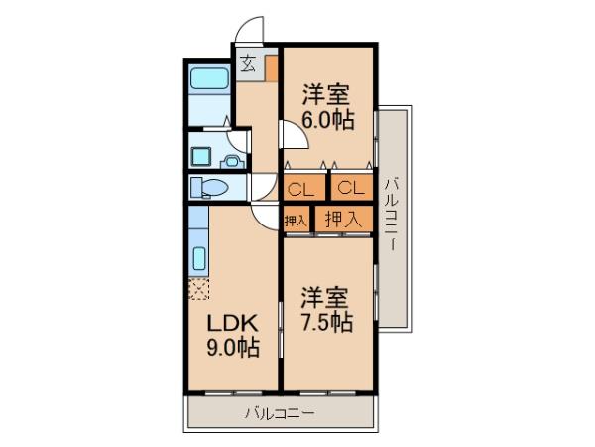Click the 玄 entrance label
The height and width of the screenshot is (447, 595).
(248, 63)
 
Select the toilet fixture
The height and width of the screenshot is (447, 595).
(209, 187)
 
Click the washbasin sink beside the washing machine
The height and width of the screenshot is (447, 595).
(232, 161)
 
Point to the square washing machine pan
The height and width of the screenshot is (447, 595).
(200, 156)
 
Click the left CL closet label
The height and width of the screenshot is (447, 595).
(300, 189)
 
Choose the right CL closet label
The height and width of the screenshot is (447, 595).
(351, 188)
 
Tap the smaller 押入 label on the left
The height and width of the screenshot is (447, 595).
(296, 221)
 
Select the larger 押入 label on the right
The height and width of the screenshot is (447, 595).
(342, 219)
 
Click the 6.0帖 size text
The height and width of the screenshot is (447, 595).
(328, 120)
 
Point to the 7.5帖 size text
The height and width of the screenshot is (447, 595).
(327, 322)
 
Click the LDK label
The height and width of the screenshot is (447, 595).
(232, 324)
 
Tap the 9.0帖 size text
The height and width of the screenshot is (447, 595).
(233, 347)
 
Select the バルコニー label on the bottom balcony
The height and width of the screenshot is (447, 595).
(280, 413)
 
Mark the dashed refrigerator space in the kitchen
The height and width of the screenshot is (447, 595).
(199, 289)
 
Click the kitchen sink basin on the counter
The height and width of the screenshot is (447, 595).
(199, 258)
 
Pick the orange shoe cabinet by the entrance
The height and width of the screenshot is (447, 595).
(271, 68)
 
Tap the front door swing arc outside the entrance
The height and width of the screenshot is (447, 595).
(248, 29)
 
